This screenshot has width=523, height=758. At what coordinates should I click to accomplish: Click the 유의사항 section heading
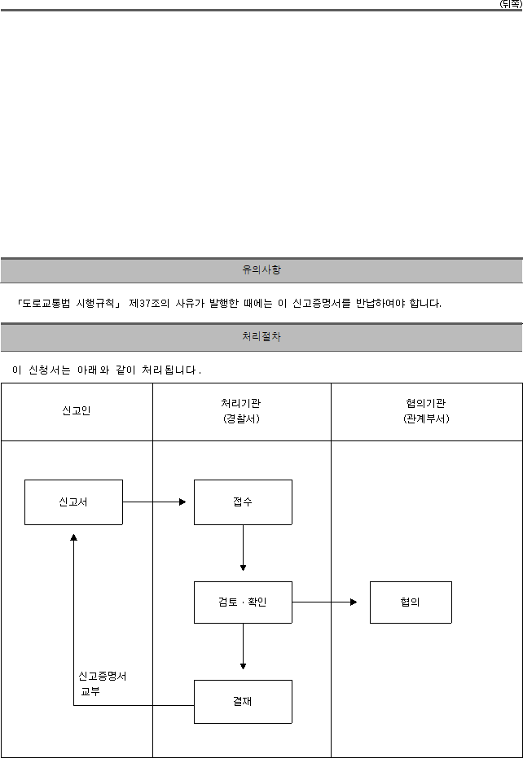tap(261, 270)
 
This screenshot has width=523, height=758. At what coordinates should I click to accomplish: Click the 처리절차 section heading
tap(261, 337)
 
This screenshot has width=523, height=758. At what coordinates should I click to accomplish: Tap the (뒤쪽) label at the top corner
tap(511, 4)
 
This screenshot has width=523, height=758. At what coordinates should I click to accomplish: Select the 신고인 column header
tap(77, 411)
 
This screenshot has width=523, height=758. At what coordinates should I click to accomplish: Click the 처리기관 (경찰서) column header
tap(241, 411)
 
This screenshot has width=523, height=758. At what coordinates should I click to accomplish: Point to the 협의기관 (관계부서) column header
tap(426, 411)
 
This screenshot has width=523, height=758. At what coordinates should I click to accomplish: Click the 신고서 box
tap(73, 502)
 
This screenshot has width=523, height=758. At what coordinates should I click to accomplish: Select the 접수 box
tap(243, 502)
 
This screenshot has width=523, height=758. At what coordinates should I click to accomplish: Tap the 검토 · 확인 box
tap(243, 602)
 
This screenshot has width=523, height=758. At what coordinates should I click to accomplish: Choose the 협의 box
tap(411, 602)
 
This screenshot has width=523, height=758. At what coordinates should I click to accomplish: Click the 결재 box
tap(243, 702)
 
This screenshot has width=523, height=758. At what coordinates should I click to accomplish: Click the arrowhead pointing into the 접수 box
tap(182, 502)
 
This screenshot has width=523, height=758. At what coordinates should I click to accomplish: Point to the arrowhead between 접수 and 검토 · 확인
tap(243, 567)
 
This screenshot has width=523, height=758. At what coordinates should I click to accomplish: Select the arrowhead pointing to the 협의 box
tap(354, 602)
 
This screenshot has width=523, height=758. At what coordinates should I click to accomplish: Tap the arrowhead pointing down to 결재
tap(243, 666)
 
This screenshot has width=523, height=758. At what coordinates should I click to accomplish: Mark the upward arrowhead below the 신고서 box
tap(73, 537)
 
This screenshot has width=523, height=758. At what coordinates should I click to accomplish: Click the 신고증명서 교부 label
tap(102, 684)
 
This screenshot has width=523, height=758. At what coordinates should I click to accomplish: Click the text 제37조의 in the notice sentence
tap(149, 304)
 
